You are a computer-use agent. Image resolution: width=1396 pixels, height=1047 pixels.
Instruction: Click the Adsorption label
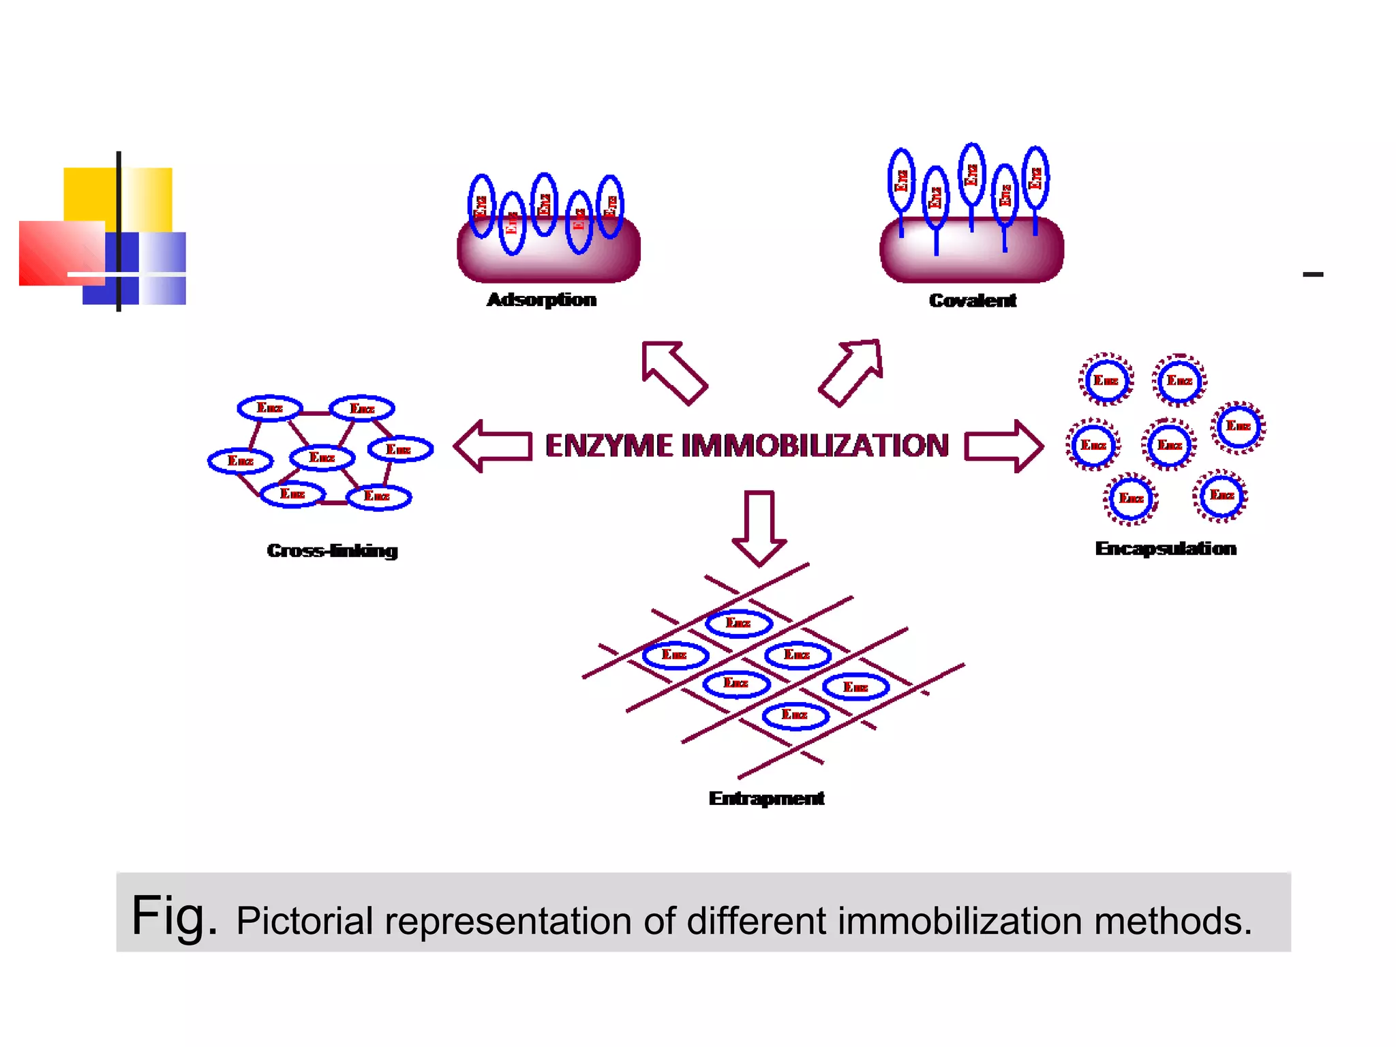(x=541, y=300)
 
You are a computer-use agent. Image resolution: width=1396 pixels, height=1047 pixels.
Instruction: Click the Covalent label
(x=972, y=301)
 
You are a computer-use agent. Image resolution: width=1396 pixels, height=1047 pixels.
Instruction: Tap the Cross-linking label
(x=332, y=551)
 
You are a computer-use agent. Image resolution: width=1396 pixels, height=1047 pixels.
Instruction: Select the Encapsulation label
(x=1165, y=549)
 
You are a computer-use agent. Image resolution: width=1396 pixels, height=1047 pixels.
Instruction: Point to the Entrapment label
(x=766, y=798)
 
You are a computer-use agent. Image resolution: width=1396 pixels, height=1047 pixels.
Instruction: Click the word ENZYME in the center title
(x=609, y=446)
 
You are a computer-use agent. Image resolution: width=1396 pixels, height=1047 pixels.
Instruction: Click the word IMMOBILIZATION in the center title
(x=815, y=446)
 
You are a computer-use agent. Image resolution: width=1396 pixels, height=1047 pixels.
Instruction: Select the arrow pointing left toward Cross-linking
(x=492, y=446)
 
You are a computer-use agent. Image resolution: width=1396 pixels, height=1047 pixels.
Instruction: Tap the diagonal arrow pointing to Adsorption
(x=673, y=371)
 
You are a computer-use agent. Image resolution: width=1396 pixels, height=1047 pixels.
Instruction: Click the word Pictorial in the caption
(x=304, y=921)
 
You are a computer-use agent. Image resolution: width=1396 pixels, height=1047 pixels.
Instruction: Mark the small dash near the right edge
(x=1313, y=274)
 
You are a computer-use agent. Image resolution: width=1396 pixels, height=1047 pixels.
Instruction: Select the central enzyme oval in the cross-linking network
(x=322, y=457)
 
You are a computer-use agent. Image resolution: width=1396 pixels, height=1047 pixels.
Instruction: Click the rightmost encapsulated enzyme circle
(x=1238, y=427)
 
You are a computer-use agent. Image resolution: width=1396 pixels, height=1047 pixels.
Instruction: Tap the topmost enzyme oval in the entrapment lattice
(x=739, y=623)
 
